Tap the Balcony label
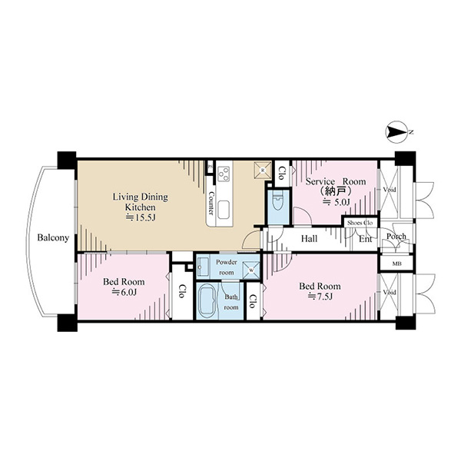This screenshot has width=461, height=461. pos(53,237)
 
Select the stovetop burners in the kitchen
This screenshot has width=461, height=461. pos(224,174)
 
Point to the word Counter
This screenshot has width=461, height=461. pos(211,203)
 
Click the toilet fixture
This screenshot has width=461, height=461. pos(277,201)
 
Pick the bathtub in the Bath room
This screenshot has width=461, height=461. pos(207,300)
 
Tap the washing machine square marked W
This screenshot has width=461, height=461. pos(251,270)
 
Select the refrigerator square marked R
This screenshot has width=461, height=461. pos(263,170)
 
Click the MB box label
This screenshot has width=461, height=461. pos(397,264)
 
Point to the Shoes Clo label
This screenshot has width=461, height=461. pos(360,223)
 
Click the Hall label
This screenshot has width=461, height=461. pos(309,238)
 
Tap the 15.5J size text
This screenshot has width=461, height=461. pos(141,217)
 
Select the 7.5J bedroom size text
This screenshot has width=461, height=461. pos(320,297)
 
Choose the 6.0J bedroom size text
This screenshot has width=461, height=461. pos(124,292)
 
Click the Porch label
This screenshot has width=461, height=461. pos(396,236)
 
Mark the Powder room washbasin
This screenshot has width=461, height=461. pos(203,267)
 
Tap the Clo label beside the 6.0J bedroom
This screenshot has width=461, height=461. pos(181,291)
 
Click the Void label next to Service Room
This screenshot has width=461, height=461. pos(390,190)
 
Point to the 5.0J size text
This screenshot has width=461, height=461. pos(337,202)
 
